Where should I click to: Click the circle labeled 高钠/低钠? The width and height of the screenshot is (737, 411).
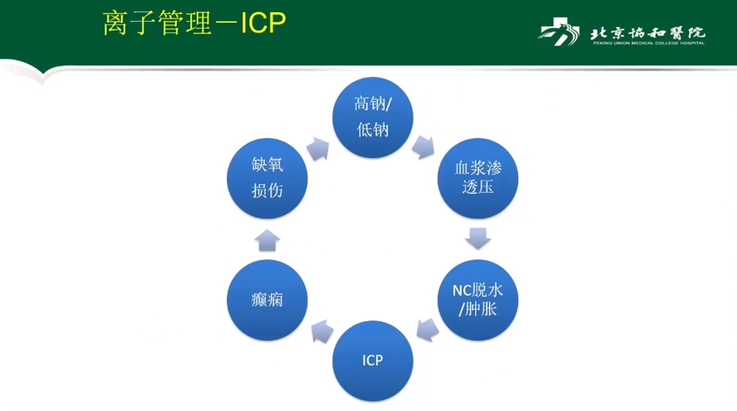click(372, 117)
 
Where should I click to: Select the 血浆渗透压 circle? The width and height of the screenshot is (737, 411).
click(478, 177)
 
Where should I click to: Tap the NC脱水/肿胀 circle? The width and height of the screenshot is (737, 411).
click(478, 299)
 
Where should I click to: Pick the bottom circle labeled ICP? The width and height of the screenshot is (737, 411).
click(372, 360)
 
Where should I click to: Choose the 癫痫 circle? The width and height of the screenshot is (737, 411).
click(267, 299)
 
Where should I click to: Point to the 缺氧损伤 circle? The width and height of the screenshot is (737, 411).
click(267, 177)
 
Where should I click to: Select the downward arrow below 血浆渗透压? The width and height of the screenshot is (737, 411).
click(478, 237)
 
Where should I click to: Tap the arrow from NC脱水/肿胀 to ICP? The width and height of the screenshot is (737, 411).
click(427, 330)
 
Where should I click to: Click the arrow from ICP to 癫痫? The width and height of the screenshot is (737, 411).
click(321, 331)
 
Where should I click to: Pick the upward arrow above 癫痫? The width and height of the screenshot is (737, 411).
click(267, 239)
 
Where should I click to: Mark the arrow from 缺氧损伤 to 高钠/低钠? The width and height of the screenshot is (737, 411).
click(318, 147)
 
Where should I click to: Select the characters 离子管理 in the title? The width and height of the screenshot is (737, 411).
click(157, 24)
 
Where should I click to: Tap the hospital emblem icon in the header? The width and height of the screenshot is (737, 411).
click(559, 33)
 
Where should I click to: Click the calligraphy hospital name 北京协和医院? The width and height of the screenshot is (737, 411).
click(646, 31)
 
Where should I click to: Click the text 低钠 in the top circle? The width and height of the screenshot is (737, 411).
click(372, 130)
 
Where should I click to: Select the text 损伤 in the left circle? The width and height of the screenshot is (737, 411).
click(267, 190)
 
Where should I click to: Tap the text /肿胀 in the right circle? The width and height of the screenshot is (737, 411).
click(478, 309)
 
